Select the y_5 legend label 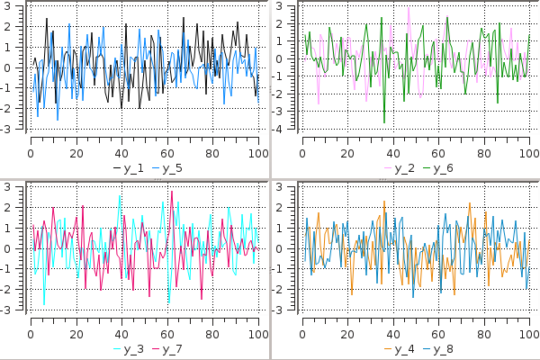172,168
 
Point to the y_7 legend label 172,348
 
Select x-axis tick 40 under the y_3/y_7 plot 121,332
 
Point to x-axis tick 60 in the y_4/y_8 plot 439,332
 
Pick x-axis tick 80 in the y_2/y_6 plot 484,152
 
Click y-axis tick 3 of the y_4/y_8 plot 281,186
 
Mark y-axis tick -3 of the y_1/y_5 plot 8,130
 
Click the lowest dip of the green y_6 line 384,122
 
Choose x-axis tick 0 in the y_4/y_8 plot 302,332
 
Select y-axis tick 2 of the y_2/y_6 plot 281,24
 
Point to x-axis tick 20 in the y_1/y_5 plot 76,152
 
